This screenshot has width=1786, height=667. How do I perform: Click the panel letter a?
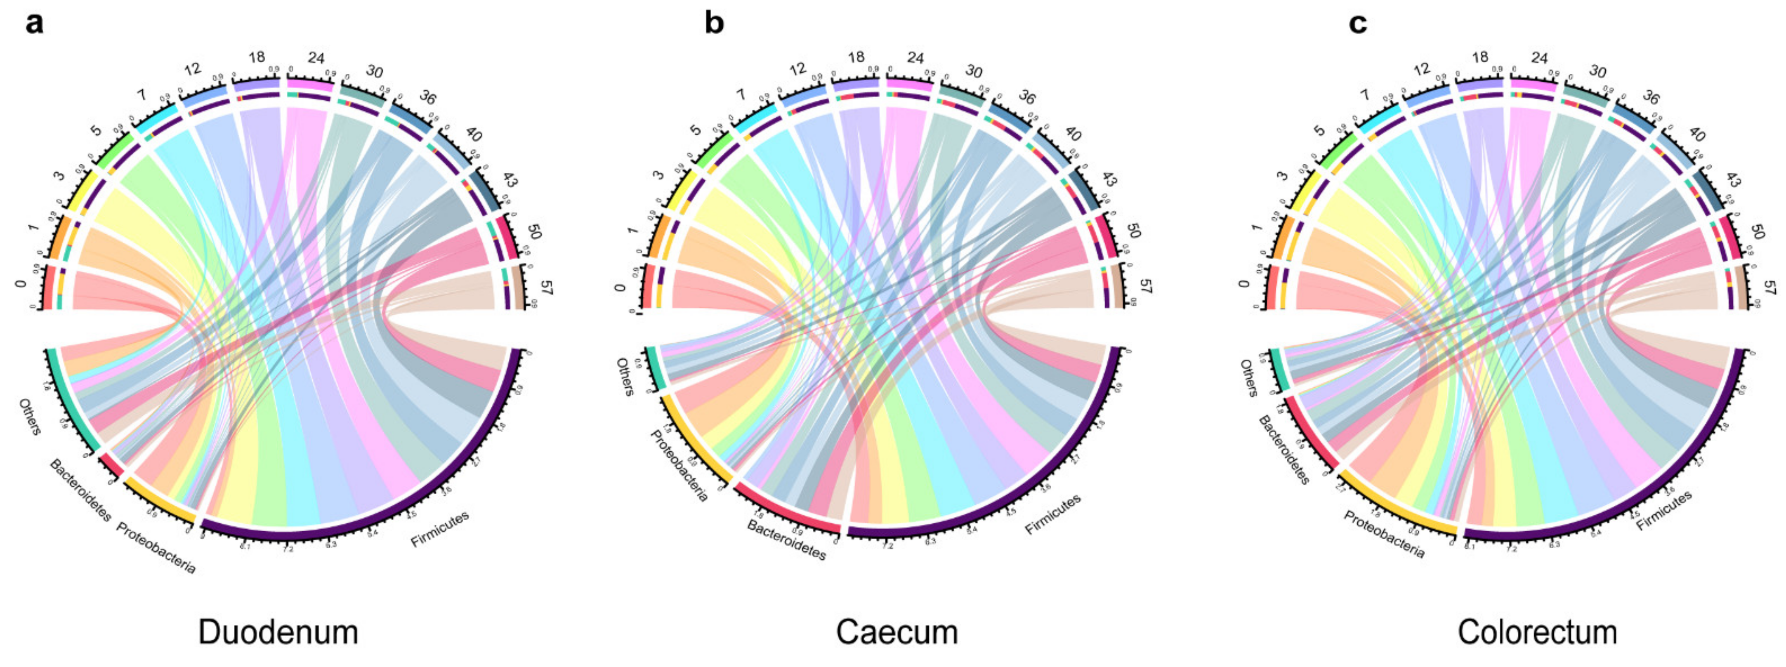[34, 24]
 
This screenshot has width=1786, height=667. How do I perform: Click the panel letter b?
[714, 24]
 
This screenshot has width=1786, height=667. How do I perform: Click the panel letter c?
[1357, 24]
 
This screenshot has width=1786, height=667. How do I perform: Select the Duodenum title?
[278, 632]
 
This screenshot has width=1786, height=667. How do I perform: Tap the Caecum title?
[897, 632]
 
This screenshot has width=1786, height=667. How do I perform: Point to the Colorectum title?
[1537, 632]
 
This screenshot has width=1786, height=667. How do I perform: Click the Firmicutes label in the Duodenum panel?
[439, 529]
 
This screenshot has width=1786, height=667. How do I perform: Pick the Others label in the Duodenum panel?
[30, 417]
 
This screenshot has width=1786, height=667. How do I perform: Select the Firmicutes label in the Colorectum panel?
[1664, 511]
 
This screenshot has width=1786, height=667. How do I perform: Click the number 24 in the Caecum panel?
[915, 58]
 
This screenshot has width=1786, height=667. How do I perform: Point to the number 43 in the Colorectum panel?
[1731, 179]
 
